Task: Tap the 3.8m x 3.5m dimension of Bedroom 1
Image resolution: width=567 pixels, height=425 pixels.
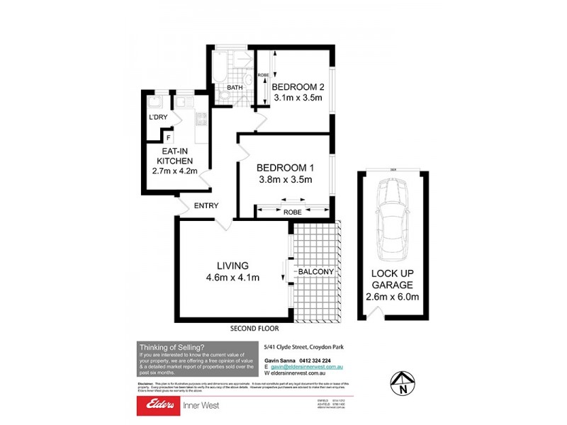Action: [284, 179]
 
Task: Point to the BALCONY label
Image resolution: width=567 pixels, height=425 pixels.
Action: [316, 272]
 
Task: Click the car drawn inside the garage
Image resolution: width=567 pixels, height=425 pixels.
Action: [392, 219]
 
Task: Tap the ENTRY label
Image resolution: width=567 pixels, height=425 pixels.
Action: [206, 206]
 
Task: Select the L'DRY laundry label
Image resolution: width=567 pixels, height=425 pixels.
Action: [157, 118]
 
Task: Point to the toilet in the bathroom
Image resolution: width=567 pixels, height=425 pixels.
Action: [225, 92]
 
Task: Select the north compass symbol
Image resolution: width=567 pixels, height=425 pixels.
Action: [403, 382]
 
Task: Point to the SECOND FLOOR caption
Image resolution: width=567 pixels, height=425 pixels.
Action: [254, 329]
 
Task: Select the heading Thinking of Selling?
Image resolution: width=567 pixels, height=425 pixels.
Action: [172, 346]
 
